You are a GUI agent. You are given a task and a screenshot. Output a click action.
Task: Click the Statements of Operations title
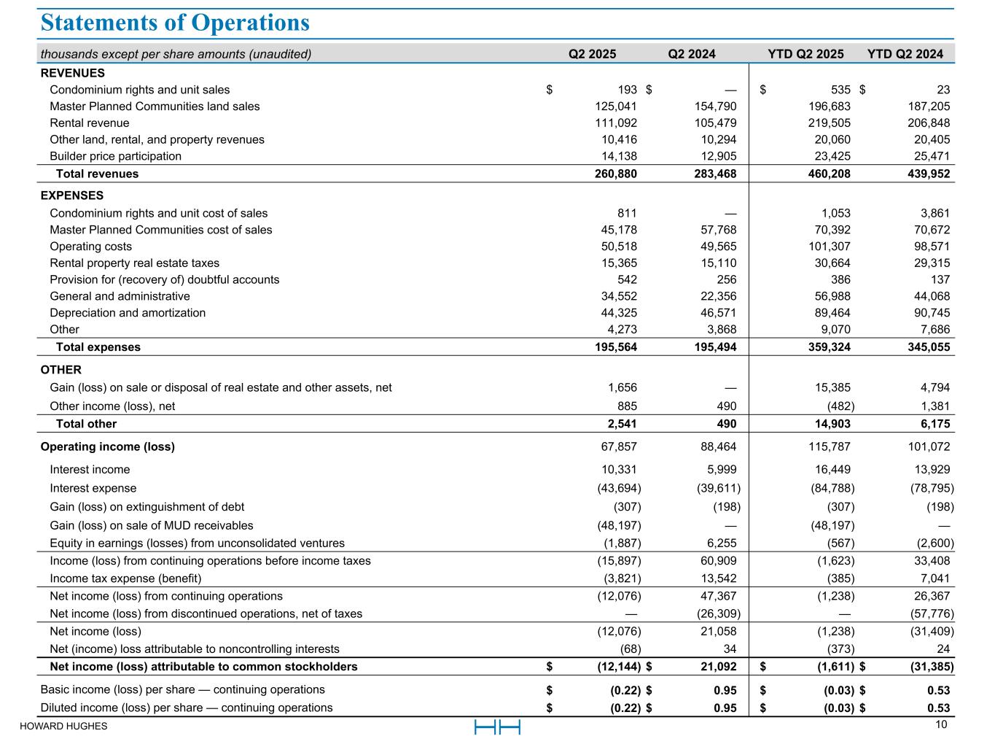tap(175, 23)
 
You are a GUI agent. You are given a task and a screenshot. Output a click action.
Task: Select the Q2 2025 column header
tap(592, 54)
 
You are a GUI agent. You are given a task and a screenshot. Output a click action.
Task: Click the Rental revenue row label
tap(89, 123)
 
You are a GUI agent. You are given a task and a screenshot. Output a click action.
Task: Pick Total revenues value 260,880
tap(616, 174)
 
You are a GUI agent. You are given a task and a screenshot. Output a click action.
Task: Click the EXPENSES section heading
tap(72, 196)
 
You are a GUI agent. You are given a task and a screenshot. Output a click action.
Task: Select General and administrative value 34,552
tap(617, 296)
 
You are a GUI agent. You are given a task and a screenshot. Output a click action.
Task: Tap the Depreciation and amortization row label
tap(128, 313)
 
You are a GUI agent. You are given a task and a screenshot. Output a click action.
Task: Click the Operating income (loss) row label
tap(107, 446)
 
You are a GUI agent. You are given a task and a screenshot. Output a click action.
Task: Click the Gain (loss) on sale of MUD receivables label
tap(152, 525)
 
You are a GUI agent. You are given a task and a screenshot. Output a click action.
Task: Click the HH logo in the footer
tap(497, 727)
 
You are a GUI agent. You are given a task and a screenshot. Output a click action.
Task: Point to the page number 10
tap(940, 724)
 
